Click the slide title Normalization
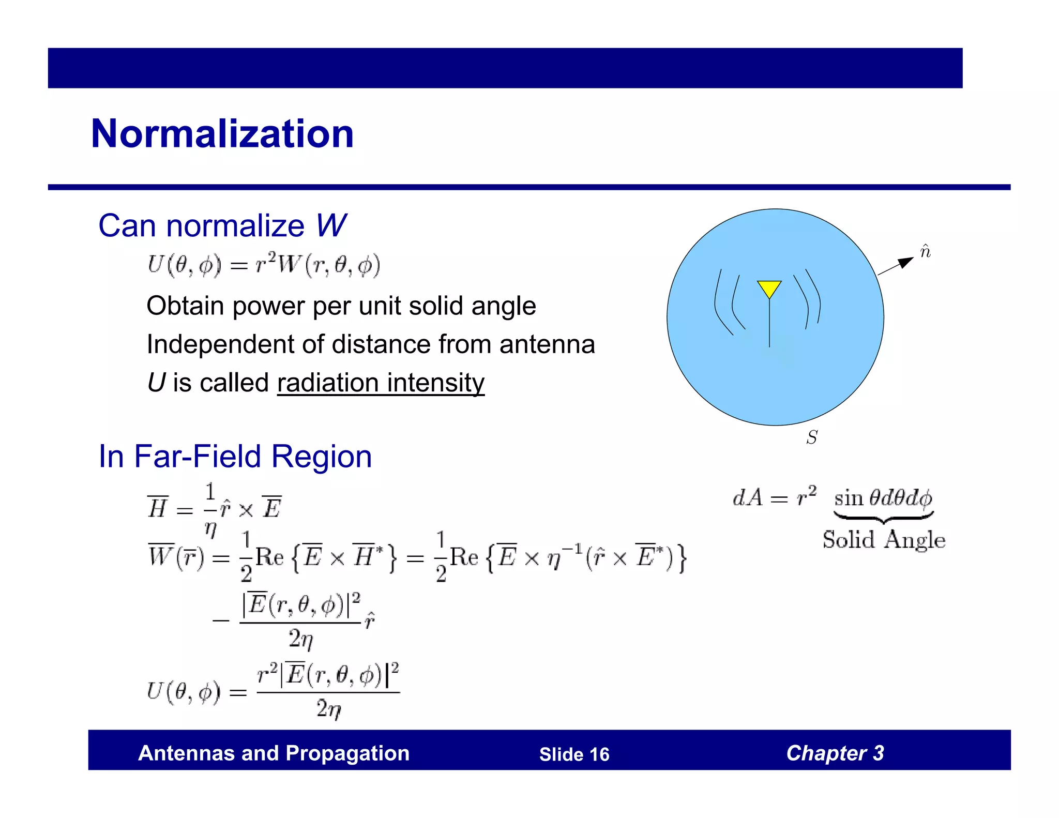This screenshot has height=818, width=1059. (222, 134)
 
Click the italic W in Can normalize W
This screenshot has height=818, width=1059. (331, 226)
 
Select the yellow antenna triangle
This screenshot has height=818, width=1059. (769, 287)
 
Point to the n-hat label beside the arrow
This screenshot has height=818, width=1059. (925, 251)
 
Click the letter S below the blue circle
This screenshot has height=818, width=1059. (812, 437)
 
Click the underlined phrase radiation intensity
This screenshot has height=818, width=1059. (381, 383)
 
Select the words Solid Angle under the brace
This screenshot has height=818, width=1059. (884, 540)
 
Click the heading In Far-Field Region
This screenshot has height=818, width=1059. (235, 457)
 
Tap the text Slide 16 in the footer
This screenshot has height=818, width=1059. (574, 754)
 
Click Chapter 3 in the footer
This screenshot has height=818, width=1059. (835, 753)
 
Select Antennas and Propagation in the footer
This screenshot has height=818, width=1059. (274, 753)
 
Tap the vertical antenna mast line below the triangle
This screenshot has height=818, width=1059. (769, 323)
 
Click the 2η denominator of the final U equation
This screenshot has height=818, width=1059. (329, 709)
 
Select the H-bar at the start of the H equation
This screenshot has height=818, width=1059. (157, 508)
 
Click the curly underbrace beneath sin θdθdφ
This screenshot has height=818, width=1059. (883, 516)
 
